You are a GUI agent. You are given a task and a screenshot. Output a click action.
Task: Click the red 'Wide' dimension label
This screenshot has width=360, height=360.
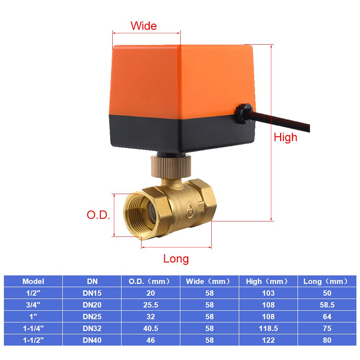(144, 26)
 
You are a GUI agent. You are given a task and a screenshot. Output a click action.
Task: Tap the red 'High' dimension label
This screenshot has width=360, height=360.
(285, 137)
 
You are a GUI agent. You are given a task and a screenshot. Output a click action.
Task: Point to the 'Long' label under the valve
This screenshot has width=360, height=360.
(176, 258)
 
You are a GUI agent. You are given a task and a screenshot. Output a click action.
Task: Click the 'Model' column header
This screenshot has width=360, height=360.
(33, 281)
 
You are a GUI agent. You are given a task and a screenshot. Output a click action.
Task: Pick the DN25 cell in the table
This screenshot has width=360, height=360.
(92, 316)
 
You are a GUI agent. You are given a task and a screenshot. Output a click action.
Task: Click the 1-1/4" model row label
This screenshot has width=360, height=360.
(33, 328)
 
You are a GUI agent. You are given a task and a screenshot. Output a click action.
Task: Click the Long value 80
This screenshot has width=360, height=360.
(327, 340)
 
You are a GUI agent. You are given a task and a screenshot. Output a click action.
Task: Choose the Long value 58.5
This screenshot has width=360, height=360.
(327, 305)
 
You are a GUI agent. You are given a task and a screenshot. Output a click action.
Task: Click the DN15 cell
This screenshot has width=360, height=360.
(92, 293)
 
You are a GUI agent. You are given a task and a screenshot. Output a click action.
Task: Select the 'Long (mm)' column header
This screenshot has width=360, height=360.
(325, 281)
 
